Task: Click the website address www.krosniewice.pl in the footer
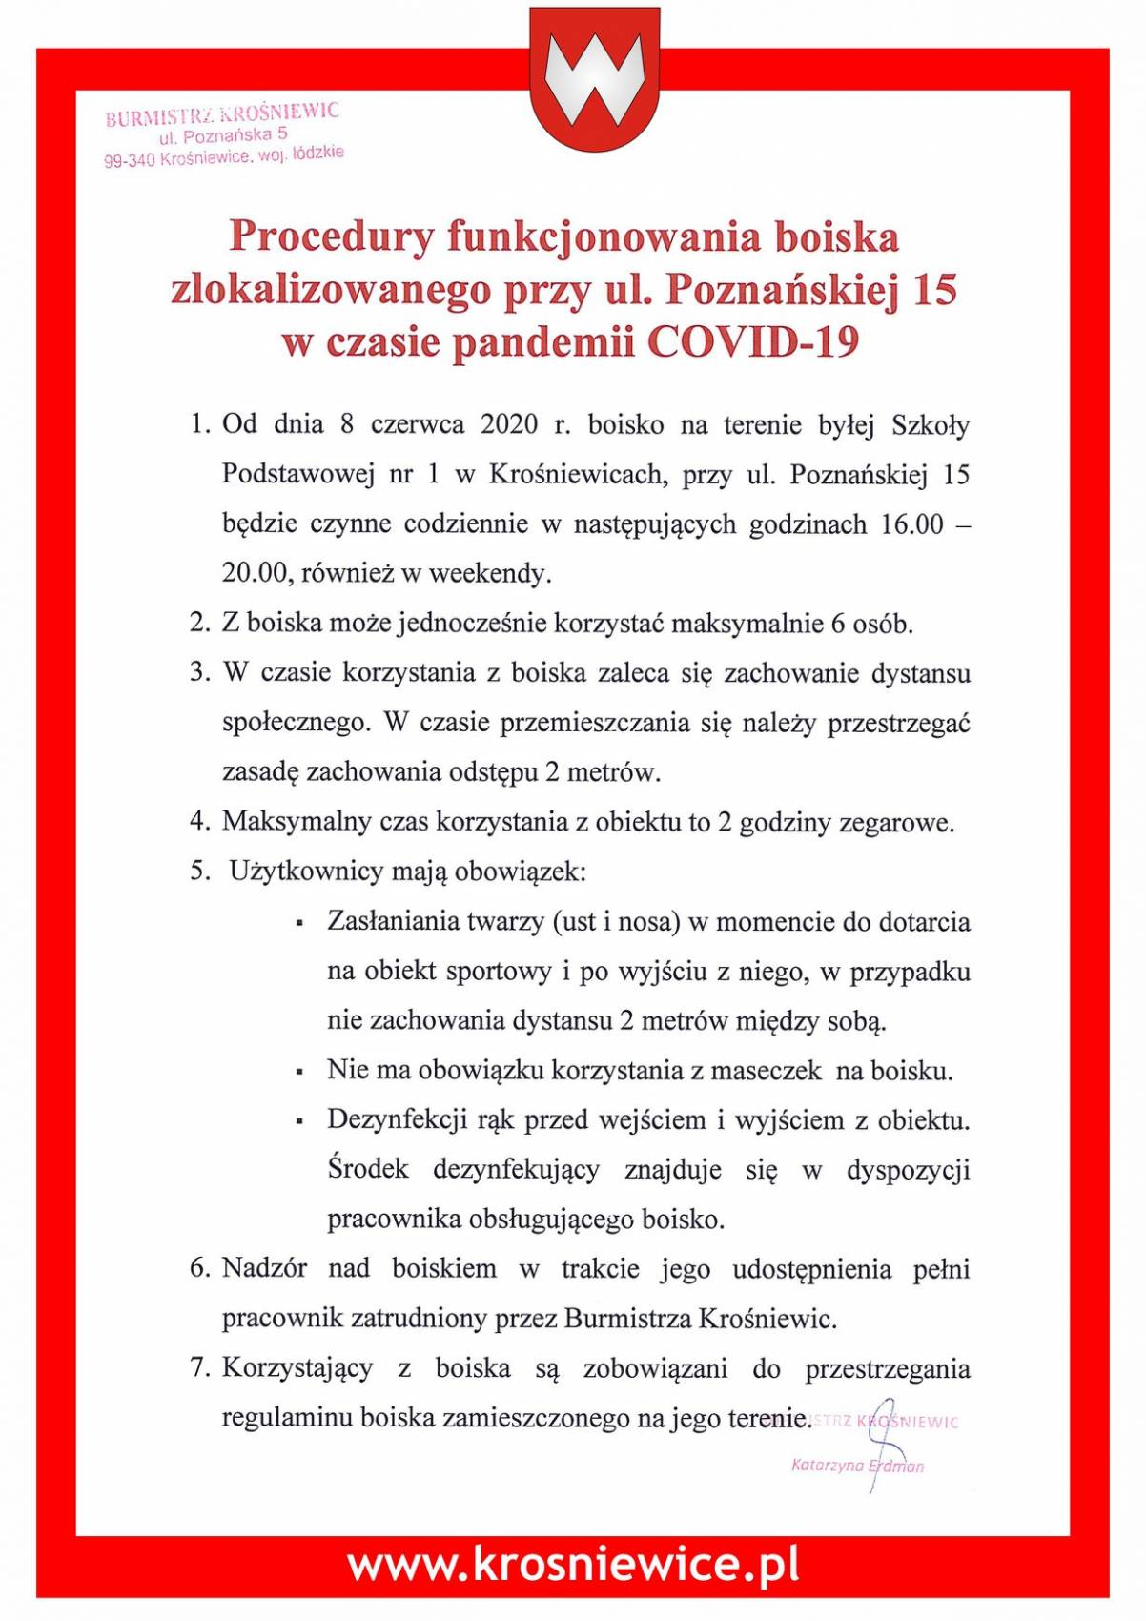pos(573,1565)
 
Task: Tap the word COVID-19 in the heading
pos(753,341)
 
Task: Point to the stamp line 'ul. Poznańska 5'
pos(223,136)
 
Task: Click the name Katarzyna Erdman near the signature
pos(856,1465)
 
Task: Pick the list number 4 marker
pos(199,821)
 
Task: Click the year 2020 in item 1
pos(510,424)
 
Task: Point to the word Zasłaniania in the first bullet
pos(390,921)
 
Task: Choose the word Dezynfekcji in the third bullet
pos(396,1119)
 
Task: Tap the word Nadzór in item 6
pos(264,1268)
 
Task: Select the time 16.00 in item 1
pos(911,524)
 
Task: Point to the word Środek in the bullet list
pos(367,1169)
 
